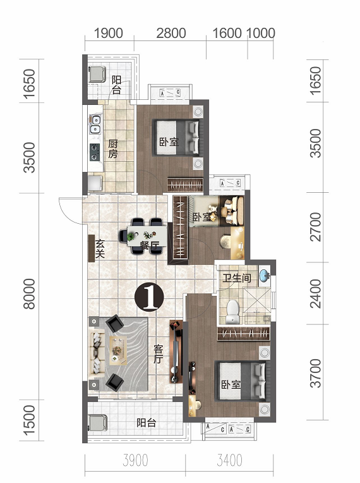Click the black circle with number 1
pyautogui.click(x=149, y=297)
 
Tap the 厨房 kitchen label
pyautogui.click(x=112, y=149)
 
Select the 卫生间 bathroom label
pyautogui.click(x=237, y=278)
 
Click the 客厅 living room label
pyautogui.click(x=158, y=354)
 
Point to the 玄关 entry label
pyautogui.click(x=100, y=249)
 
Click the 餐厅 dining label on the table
pyautogui.click(x=150, y=245)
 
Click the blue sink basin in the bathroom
pyautogui.click(x=264, y=275)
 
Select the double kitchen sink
pyautogui.click(x=95, y=124)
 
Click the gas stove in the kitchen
pyautogui.click(x=95, y=152)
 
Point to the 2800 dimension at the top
pyautogui.click(x=171, y=34)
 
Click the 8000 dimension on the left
pyautogui.click(x=30, y=293)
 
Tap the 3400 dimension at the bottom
pyautogui.click(x=229, y=460)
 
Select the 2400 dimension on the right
pyautogui.click(x=316, y=293)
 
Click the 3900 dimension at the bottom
pyautogui.click(x=135, y=460)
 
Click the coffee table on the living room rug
pyautogui.click(x=118, y=350)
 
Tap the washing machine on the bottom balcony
pyautogui.click(x=97, y=422)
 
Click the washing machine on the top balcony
pyautogui.click(x=97, y=74)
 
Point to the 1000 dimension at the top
pyautogui.click(x=261, y=34)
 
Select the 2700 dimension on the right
pyautogui.click(x=316, y=226)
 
